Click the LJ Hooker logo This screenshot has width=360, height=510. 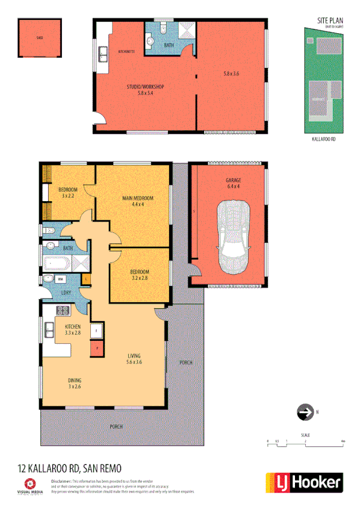(305, 482)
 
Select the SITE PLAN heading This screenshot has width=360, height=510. (330, 20)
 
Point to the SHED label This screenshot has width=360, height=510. (40, 37)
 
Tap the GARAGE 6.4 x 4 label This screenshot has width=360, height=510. (233, 183)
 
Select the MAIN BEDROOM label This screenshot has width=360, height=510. (138, 201)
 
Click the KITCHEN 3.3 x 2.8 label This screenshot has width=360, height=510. (73, 329)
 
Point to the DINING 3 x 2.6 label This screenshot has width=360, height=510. (75, 383)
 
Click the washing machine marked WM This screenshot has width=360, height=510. (61, 279)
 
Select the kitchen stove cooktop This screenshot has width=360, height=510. (62, 311)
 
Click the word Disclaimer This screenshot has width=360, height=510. (61, 482)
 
